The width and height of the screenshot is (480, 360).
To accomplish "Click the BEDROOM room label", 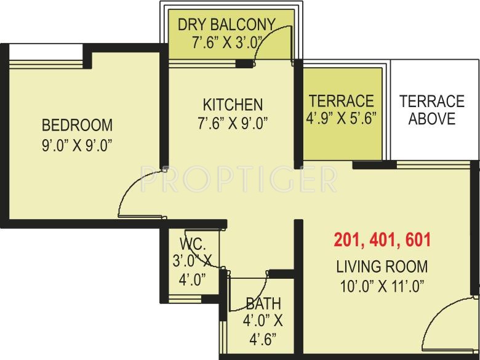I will [x=77, y=126].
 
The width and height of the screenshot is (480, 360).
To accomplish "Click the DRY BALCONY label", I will [x=226, y=25].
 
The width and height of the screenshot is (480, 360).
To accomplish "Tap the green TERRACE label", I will [x=341, y=100].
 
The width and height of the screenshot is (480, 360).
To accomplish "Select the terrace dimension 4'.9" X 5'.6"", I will [x=342, y=117].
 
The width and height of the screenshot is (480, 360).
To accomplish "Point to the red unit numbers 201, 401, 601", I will [x=382, y=240].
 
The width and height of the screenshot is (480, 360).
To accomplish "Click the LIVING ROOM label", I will [x=382, y=267].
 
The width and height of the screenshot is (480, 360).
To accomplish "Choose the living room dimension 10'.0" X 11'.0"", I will [x=382, y=286].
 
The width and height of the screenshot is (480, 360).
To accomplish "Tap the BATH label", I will [x=263, y=303].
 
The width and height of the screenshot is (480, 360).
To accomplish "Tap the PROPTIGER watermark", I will [x=239, y=179].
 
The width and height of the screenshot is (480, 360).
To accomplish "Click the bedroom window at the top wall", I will [x=47, y=54].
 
